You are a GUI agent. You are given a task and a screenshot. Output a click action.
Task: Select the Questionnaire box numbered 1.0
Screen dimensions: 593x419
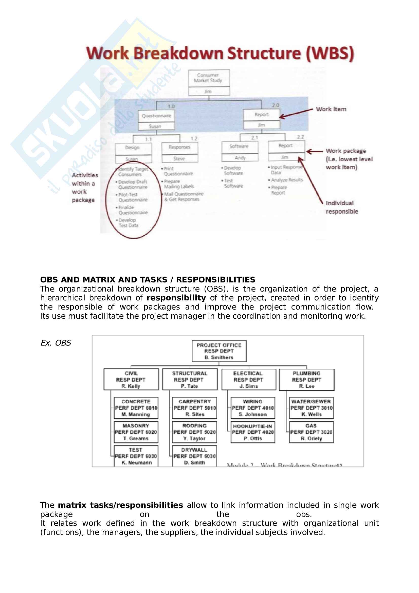[x=156, y=116]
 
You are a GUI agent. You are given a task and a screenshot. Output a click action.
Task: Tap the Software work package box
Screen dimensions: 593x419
[x=240, y=147]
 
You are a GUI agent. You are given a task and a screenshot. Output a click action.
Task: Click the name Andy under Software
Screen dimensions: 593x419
[x=240, y=158]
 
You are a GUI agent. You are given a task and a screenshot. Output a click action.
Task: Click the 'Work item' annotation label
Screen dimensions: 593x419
[x=331, y=109]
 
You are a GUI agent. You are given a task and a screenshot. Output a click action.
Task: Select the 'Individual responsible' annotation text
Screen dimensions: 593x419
[x=342, y=207]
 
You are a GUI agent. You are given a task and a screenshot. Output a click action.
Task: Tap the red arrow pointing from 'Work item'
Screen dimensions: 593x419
[x=296, y=113]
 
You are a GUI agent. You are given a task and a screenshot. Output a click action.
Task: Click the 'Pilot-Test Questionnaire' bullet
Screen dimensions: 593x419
[x=132, y=197]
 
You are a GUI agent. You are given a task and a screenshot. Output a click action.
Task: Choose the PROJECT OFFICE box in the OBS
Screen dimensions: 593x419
[x=219, y=351]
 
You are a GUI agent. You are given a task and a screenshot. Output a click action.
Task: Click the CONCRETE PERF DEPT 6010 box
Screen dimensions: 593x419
[x=136, y=408]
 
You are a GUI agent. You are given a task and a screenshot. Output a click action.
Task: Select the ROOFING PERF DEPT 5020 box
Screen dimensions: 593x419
[x=194, y=432]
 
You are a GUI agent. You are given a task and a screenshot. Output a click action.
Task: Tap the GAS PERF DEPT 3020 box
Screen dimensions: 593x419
[x=311, y=432]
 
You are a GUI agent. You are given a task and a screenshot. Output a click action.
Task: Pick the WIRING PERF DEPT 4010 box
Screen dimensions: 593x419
[x=253, y=408]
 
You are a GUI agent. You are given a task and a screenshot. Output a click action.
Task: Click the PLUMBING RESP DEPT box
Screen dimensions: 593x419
[x=306, y=380]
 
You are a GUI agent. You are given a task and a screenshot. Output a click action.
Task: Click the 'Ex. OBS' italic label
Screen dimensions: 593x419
[x=56, y=343]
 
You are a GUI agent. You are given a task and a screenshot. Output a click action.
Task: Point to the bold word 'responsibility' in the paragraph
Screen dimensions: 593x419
[x=176, y=298]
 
